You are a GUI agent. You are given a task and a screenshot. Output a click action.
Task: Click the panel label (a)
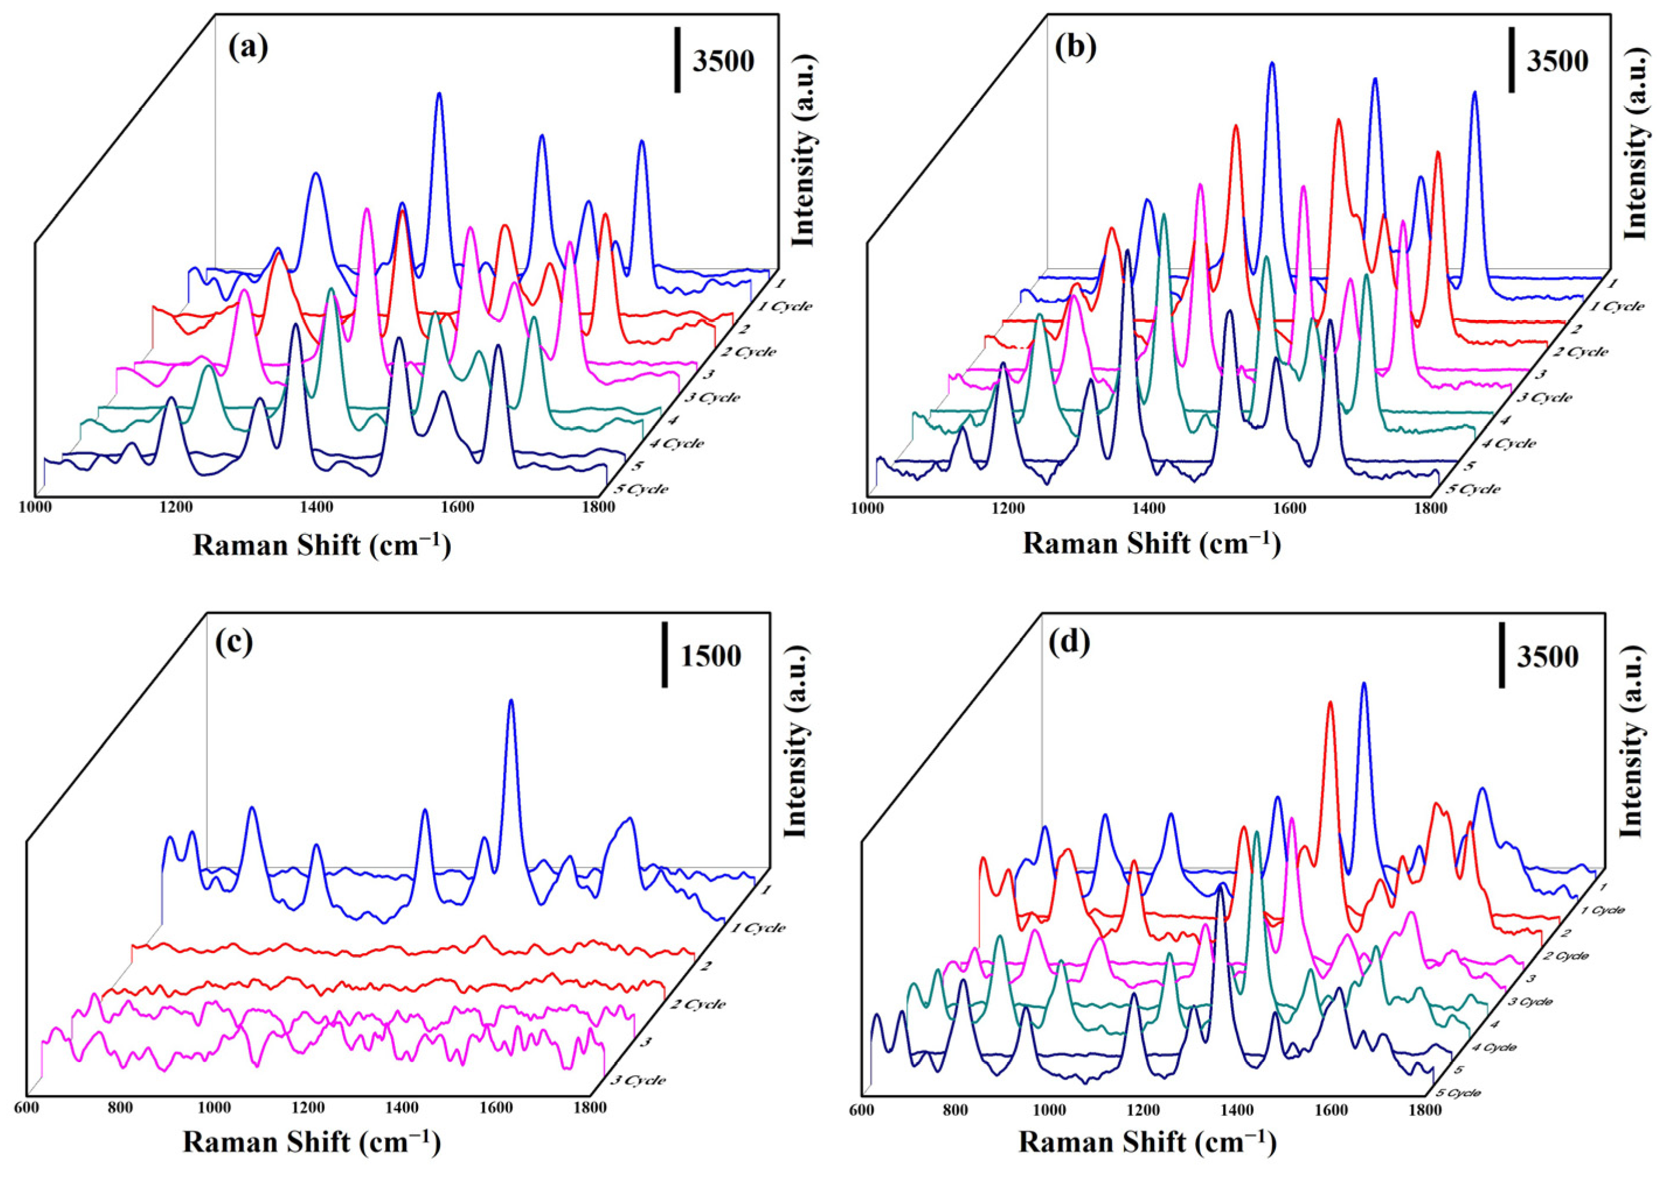coord(248,48)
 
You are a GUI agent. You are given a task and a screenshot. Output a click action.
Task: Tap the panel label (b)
coord(1076,48)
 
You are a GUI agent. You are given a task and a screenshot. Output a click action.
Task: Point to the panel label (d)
coord(1070,644)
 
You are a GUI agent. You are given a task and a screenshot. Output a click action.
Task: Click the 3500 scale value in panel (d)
coord(1547,657)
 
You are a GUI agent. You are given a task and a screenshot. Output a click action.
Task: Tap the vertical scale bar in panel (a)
coord(677,60)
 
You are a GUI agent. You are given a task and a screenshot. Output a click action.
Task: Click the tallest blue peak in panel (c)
coord(511,702)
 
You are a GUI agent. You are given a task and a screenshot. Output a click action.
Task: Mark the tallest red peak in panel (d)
coord(1330,703)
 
